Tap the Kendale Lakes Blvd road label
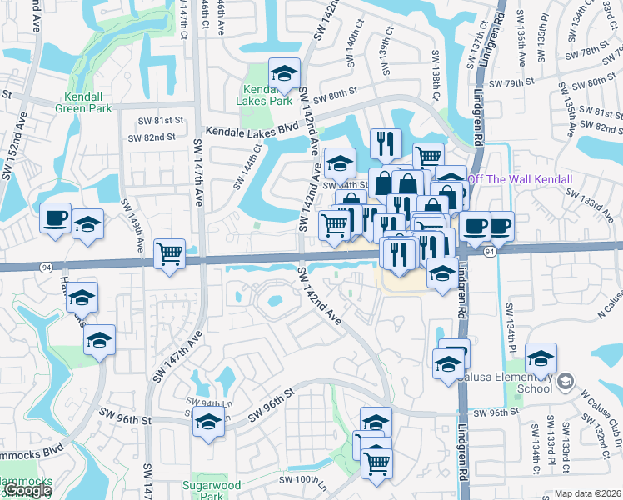click(x=252, y=130)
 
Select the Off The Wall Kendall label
click(x=521, y=180)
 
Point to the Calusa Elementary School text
click(x=523, y=382)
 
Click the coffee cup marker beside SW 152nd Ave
click(x=56, y=218)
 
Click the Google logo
click(x=27, y=491)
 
